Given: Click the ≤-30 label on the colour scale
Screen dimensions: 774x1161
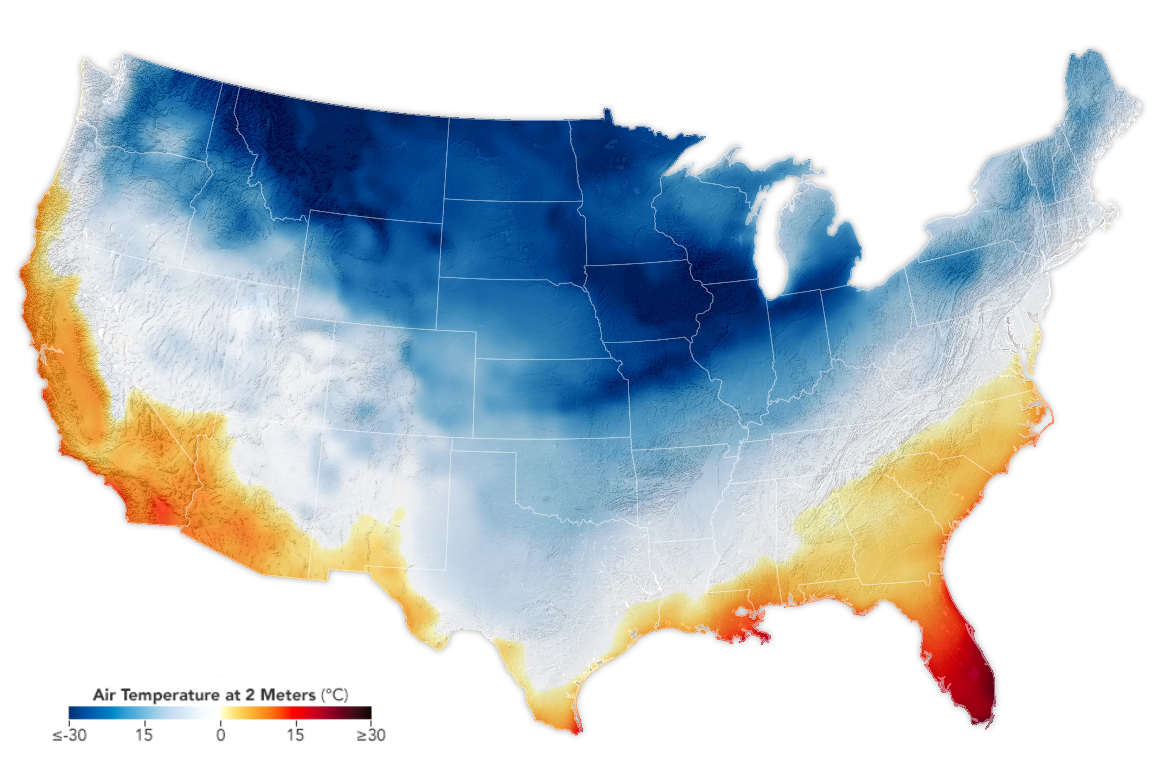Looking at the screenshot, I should point(70,736).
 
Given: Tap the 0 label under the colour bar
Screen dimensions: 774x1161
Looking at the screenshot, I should point(221,736).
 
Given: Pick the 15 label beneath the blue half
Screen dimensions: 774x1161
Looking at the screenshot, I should point(144,736).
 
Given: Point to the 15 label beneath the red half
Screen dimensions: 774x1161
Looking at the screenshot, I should point(295,736).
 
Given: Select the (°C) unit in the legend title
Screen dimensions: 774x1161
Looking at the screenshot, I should point(335,696).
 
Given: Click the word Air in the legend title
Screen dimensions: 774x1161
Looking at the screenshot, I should point(104,696).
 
